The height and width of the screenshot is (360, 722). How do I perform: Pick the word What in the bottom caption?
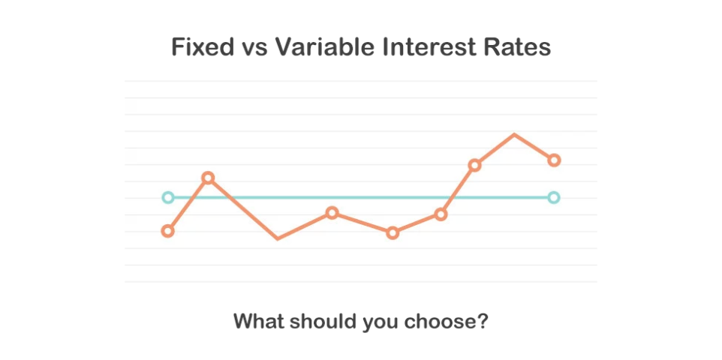[257, 322]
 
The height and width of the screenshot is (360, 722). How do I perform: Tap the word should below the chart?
[321, 322]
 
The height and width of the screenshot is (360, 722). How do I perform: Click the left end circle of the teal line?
[168, 198]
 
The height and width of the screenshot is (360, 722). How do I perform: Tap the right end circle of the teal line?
[554, 198]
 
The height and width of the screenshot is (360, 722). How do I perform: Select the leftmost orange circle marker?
[168, 231]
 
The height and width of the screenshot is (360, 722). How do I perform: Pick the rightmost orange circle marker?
[554, 160]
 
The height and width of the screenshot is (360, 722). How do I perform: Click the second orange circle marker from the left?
[208, 178]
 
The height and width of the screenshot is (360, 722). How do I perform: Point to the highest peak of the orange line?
[514, 135]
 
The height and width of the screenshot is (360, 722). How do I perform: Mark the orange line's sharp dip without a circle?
[278, 238]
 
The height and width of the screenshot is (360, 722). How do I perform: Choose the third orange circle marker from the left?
[332, 213]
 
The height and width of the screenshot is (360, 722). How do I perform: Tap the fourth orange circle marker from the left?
[393, 233]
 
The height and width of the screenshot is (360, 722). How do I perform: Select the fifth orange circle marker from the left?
[441, 214]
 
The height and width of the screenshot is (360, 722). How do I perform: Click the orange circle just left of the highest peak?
[474, 165]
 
